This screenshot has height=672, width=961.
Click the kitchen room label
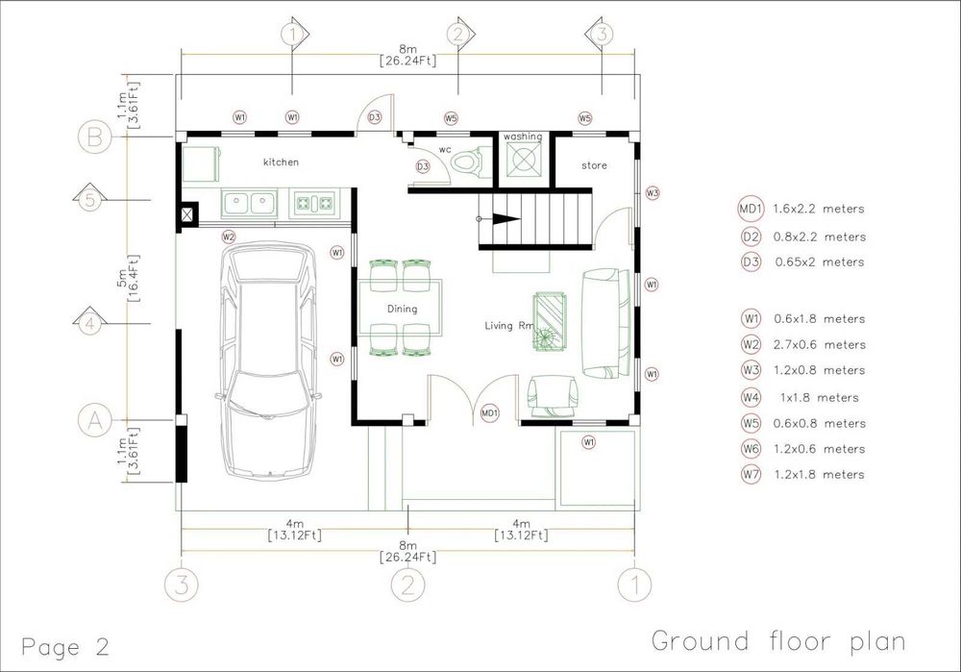[x=281, y=162]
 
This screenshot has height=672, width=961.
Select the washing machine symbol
[x=524, y=159]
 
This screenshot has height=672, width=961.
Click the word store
[x=594, y=165]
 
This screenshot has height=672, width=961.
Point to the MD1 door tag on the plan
[x=490, y=412]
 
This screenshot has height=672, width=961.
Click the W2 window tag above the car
[x=229, y=236]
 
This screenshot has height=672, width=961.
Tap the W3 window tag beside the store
[x=653, y=192]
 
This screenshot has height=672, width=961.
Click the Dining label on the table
[x=402, y=309]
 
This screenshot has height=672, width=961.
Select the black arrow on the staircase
[x=505, y=219]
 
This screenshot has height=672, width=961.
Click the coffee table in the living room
[x=550, y=321]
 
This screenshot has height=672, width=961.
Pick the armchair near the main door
[x=553, y=394]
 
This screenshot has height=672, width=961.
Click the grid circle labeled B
[x=95, y=137]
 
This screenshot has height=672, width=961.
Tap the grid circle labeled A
[x=95, y=420]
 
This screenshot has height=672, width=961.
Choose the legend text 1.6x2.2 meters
[x=818, y=209]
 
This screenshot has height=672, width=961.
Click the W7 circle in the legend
[x=751, y=474]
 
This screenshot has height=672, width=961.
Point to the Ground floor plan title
[x=778, y=641]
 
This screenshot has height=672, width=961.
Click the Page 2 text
[x=65, y=647]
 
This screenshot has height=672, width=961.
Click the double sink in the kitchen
[x=249, y=202]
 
